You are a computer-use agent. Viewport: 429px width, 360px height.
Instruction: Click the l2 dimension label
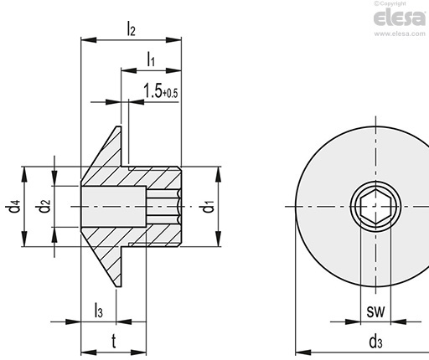(x=131, y=28)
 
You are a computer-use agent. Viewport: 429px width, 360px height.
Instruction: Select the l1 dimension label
(x=151, y=59)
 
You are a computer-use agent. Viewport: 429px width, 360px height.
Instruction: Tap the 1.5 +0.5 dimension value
(x=161, y=91)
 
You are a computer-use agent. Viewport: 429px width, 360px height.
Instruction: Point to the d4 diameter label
(x=13, y=206)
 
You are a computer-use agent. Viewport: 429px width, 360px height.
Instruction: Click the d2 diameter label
(x=44, y=206)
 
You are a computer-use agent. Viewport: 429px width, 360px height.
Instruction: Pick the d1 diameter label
(x=208, y=206)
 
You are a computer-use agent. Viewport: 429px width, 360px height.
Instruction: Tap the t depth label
(x=114, y=341)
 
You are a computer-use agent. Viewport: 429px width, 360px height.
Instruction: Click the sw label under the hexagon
(x=375, y=311)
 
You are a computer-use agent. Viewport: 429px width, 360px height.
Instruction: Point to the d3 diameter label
(x=375, y=342)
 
